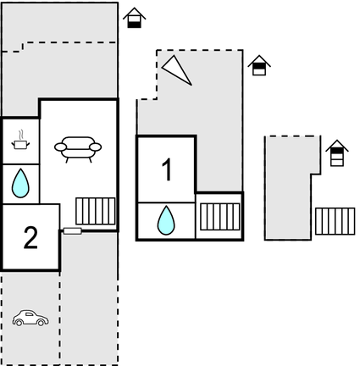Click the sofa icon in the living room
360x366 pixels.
click(78, 149)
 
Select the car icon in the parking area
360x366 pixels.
click(30, 319)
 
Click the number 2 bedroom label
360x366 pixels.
click(30, 238)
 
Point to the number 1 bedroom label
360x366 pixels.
click(168, 169)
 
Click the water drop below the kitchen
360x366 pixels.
click(20, 183)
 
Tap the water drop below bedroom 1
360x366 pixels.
click(166, 220)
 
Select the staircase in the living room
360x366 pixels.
click(96, 211)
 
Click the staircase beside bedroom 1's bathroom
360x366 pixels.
click(220, 217)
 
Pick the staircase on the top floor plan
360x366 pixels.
click(335, 221)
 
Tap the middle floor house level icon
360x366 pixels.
click(259, 65)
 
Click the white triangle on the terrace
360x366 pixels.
click(176, 69)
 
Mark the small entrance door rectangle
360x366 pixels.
click(73, 231)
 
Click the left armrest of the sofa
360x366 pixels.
click(60, 147)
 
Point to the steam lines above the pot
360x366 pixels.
click(20, 135)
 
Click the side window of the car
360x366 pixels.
click(30, 313)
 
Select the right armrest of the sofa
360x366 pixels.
click(96, 147)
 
